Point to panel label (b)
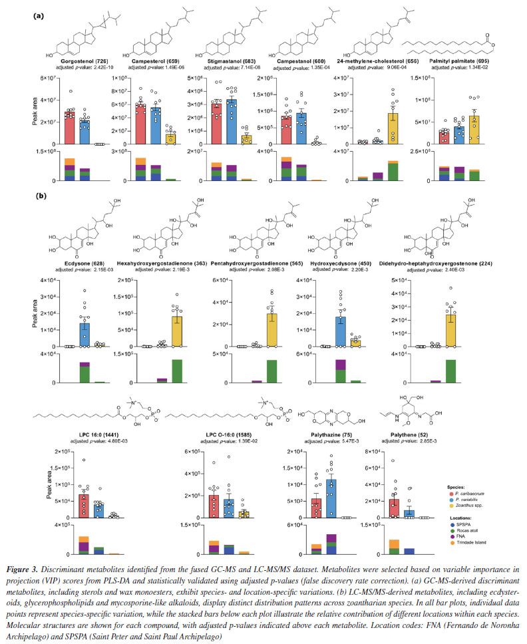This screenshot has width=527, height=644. (40, 198)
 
